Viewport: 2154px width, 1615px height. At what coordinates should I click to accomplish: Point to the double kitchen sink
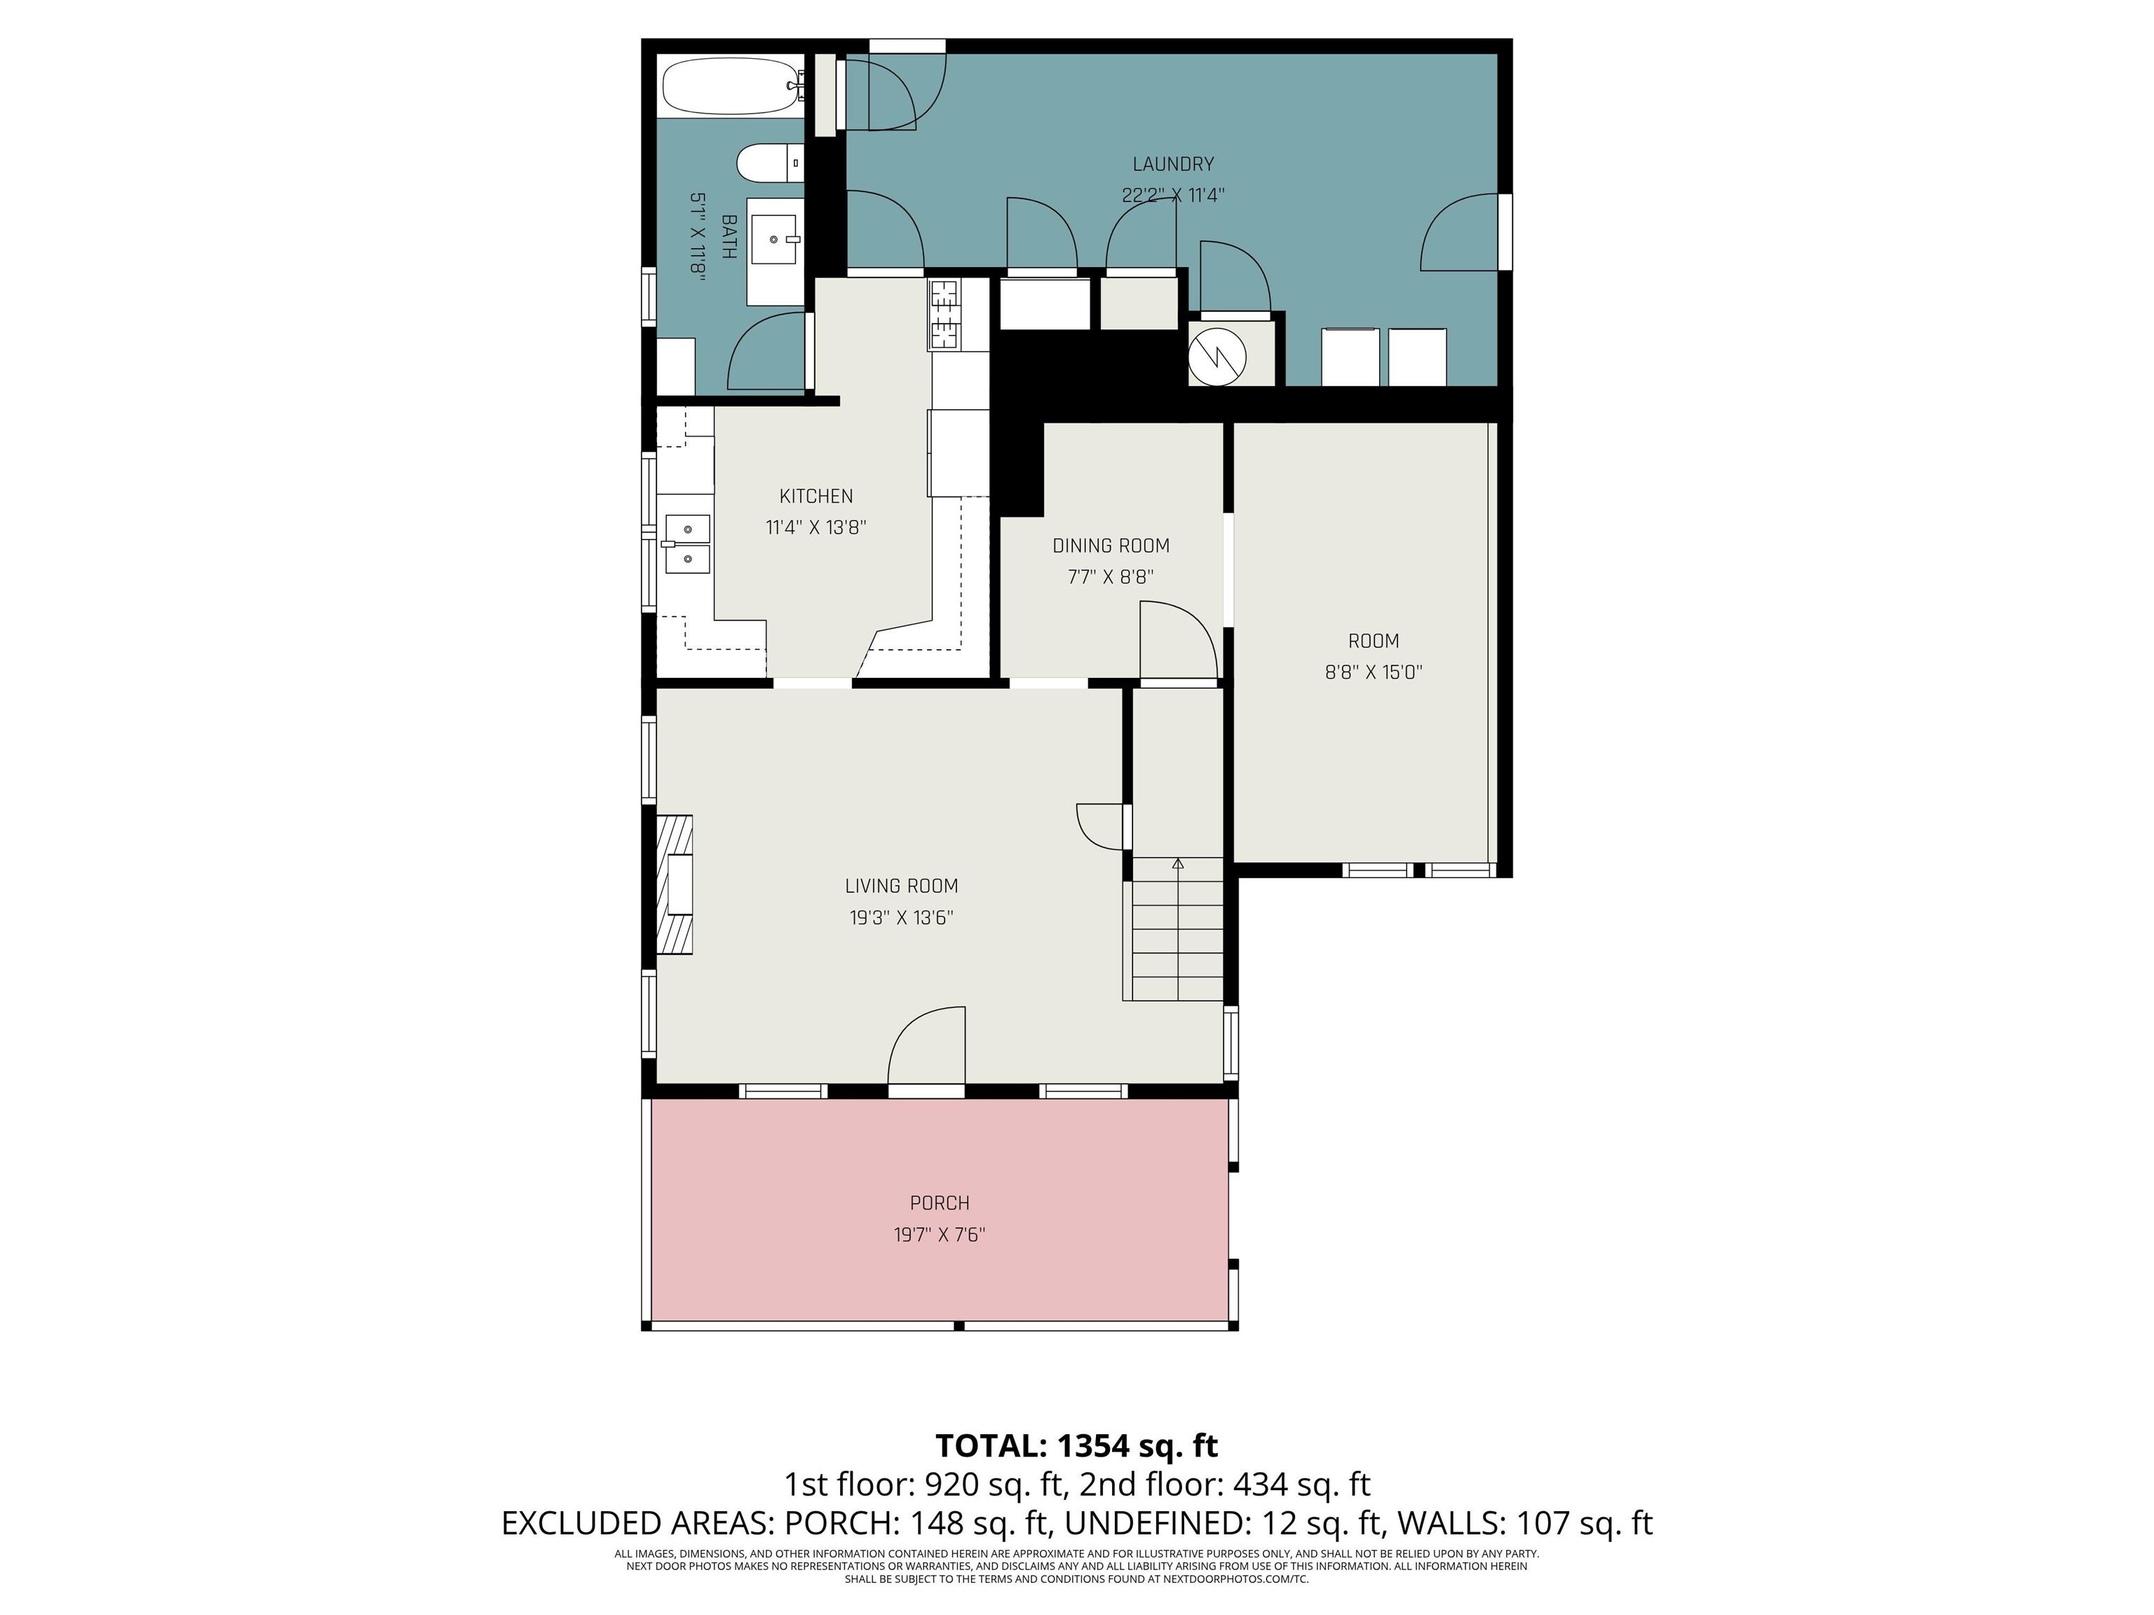tap(687, 544)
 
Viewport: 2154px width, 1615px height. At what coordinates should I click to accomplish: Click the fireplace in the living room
tap(674, 884)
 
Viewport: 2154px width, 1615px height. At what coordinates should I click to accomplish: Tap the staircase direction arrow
tap(1178, 864)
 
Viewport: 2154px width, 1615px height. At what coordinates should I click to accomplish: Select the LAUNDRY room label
tap(1172, 165)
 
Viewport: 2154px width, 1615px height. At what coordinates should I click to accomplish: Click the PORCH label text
tap(939, 1204)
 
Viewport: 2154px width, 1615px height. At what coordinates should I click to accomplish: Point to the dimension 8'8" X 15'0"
tap(1373, 672)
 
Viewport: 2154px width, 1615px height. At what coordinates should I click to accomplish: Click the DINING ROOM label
tap(1110, 546)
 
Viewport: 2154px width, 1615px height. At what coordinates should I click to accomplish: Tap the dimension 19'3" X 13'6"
tap(901, 917)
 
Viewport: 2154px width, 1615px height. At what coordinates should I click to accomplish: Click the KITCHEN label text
tap(816, 496)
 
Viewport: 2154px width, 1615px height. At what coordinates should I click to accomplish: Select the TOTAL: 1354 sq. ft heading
tap(1076, 1445)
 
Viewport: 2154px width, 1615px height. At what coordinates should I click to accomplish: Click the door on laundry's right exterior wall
tap(1461, 233)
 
